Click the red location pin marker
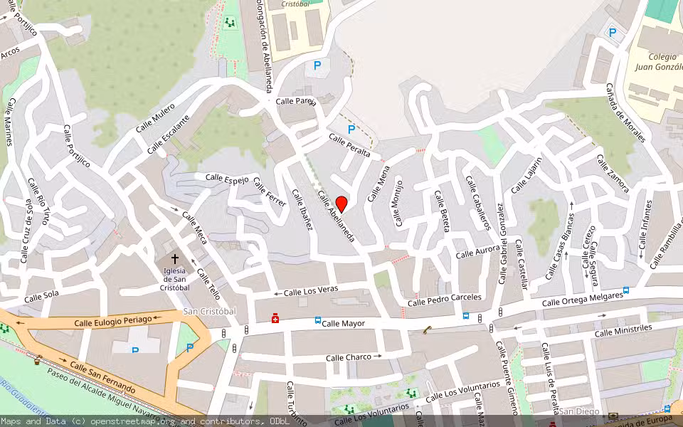click(x=341, y=204)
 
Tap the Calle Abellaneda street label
click(x=336, y=216)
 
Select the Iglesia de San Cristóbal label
click(x=174, y=279)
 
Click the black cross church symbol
click(x=174, y=259)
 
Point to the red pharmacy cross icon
click(x=275, y=320)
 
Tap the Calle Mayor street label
click(x=343, y=324)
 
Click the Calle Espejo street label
click(x=227, y=177)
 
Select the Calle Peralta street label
click(x=349, y=144)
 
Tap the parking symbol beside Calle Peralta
click(x=351, y=130)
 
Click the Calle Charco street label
click(x=349, y=357)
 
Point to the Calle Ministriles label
click(x=623, y=330)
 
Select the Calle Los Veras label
click(x=310, y=291)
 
